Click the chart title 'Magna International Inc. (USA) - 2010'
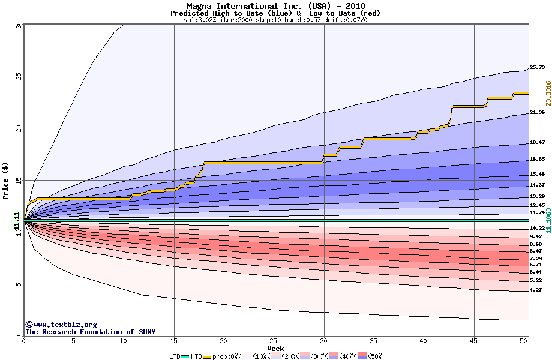tap(275, 6)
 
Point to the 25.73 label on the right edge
tap(537, 67)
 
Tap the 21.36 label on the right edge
tap(537, 112)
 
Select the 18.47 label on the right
tap(537, 142)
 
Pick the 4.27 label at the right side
tap(536, 290)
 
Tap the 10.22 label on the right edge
tap(537, 228)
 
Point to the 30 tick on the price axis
tap(19, 25)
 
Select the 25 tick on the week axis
tap(274, 341)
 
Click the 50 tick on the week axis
tap(523, 341)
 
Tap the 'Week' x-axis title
tap(275, 348)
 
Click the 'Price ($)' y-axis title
tap(6, 180)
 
